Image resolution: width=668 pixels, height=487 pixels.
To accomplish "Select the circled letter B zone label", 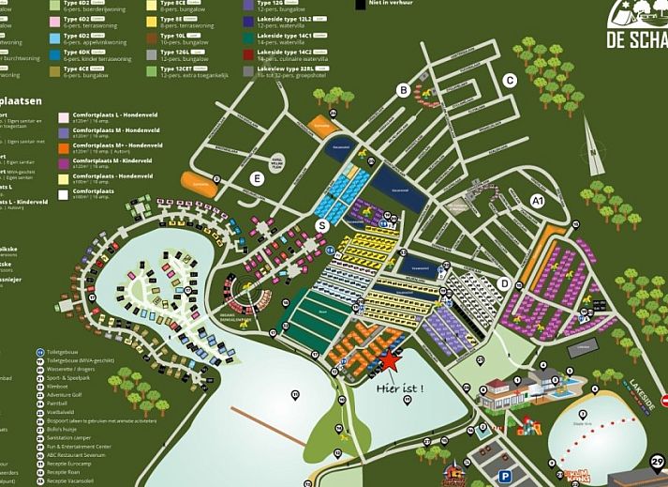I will [x=404, y=90].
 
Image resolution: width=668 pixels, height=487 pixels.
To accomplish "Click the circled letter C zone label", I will [x=510, y=81].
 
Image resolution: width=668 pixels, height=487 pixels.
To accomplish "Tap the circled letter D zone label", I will [x=504, y=283].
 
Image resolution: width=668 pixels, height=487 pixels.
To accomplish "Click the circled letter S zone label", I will [x=322, y=225].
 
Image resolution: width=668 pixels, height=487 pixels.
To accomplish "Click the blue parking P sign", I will [x=504, y=476].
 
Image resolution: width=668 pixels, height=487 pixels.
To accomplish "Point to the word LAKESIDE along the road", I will [x=645, y=395].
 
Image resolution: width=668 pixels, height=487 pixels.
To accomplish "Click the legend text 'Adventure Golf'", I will [x=66, y=394].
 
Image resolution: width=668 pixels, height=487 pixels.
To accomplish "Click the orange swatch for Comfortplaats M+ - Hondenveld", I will [x=63, y=146].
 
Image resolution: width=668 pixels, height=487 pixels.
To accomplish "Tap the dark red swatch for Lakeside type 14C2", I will [x=247, y=53].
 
